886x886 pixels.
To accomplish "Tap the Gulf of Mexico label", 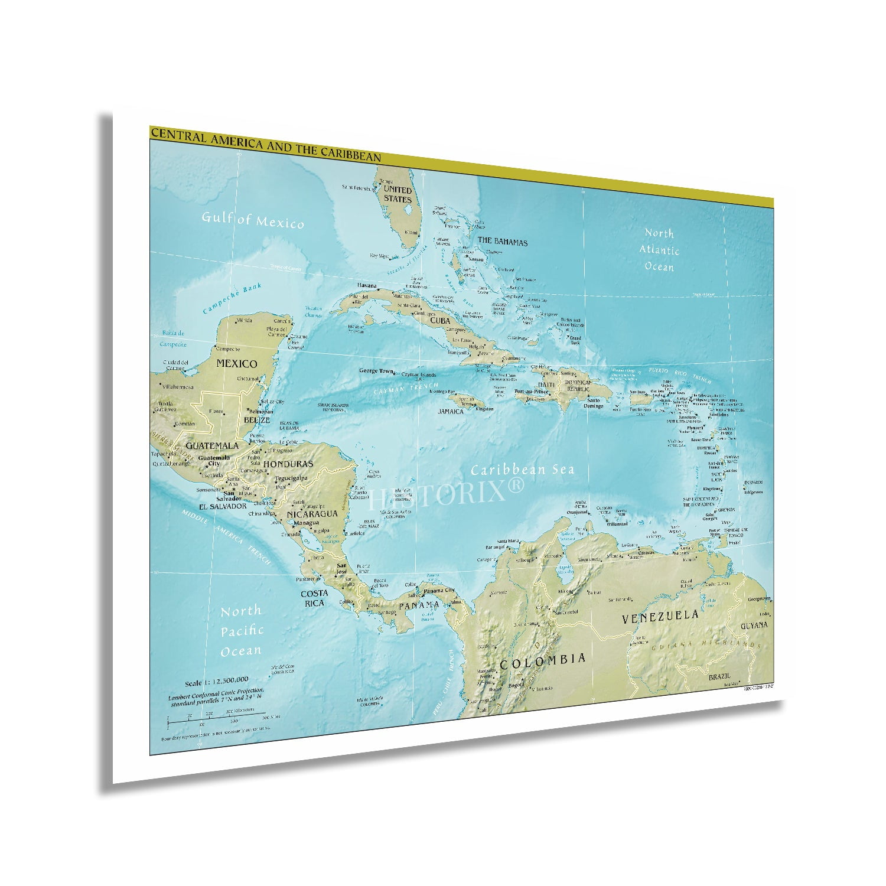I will [x=253, y=220].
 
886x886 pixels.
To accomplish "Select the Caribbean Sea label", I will [x=530, y=470].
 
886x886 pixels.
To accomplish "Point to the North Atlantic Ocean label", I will [x=659, y=250].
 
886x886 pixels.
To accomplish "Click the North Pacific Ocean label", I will [x=240, y=631].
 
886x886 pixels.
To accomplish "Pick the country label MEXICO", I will [x=236, y=363].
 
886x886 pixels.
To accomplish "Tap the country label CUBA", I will [x=440, y=320].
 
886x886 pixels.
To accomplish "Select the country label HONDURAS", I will [x=288, y=464].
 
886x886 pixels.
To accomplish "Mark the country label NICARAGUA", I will [x=311, y=514].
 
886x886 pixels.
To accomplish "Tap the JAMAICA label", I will [x=451, y=411].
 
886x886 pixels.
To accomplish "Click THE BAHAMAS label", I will [x=502, y=242].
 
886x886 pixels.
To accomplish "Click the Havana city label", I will [x=366, y=286].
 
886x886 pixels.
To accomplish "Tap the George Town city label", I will [x=376, y=372].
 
